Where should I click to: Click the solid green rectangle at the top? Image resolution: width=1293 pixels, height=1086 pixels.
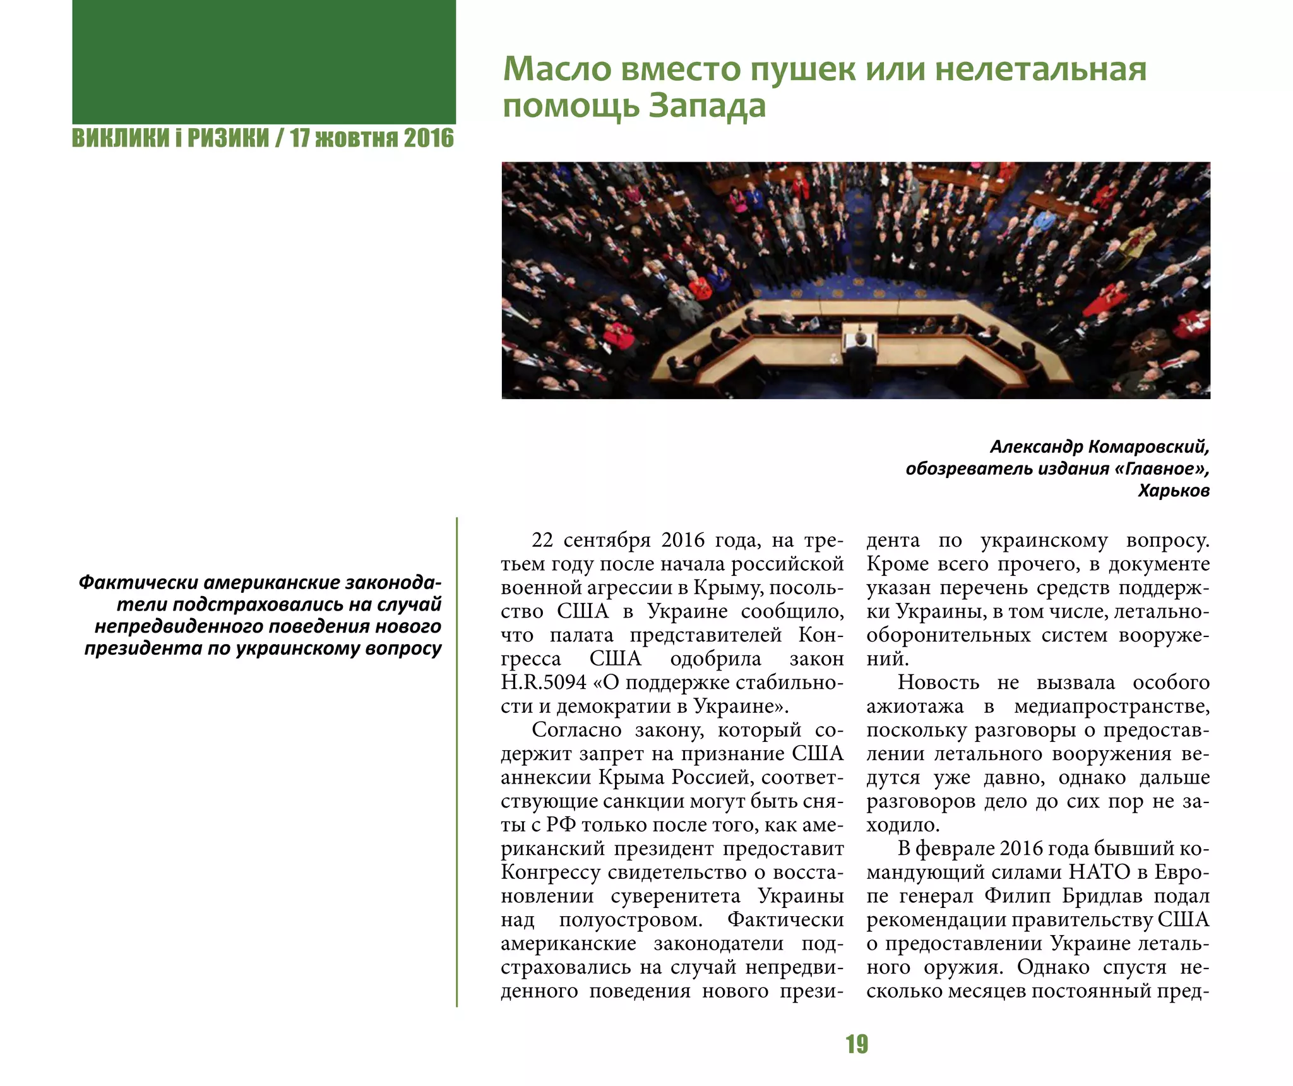pyautogui.click(x=264, y=61)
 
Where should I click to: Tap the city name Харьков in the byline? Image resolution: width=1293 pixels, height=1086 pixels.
pyautogui.click(x=1174, y=491)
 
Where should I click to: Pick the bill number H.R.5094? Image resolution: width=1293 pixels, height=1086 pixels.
pyautogui.click(x=544, y=683)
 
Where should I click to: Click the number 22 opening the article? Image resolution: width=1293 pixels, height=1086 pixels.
pyautogui.click(x=542, y=540)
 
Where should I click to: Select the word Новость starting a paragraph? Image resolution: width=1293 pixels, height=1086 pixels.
pyautogui.click(x=938, y=683)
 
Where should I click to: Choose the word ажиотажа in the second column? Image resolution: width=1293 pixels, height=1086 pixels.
pyautogui.click(x=915, y=707)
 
